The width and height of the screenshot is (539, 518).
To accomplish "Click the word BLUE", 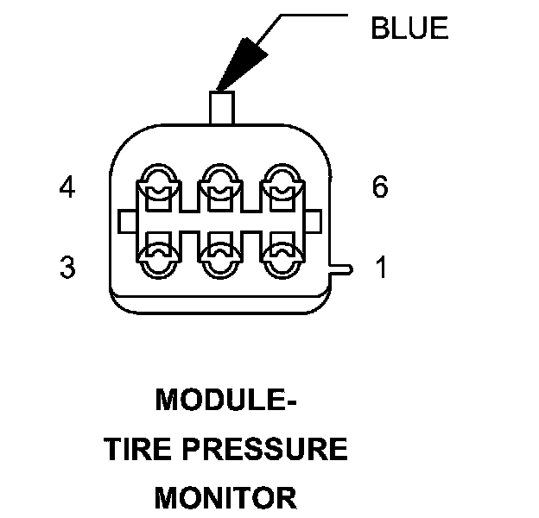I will pyautogui.click(x=409, y=28).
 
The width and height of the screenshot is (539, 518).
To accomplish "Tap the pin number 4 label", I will pyautogui.click(x=67, y=187).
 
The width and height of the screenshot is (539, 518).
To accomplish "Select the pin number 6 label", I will pyautogui.click(x=380, y=187).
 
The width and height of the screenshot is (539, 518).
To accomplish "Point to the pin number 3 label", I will pyautogui.click(x=67, y=268).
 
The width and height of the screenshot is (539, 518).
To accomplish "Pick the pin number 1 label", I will pyautogui.click(x=380, y=268).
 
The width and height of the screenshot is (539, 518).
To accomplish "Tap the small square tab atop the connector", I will pyautogui.click(x=221, y=108).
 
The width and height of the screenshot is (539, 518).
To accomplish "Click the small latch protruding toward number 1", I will pyautogui.click(x=342, y=269).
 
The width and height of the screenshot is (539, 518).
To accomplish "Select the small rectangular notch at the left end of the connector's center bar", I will pyautogui.click(x=127, y=221).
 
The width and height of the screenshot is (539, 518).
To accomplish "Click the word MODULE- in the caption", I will pyautogui.click(x=226, y=401).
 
